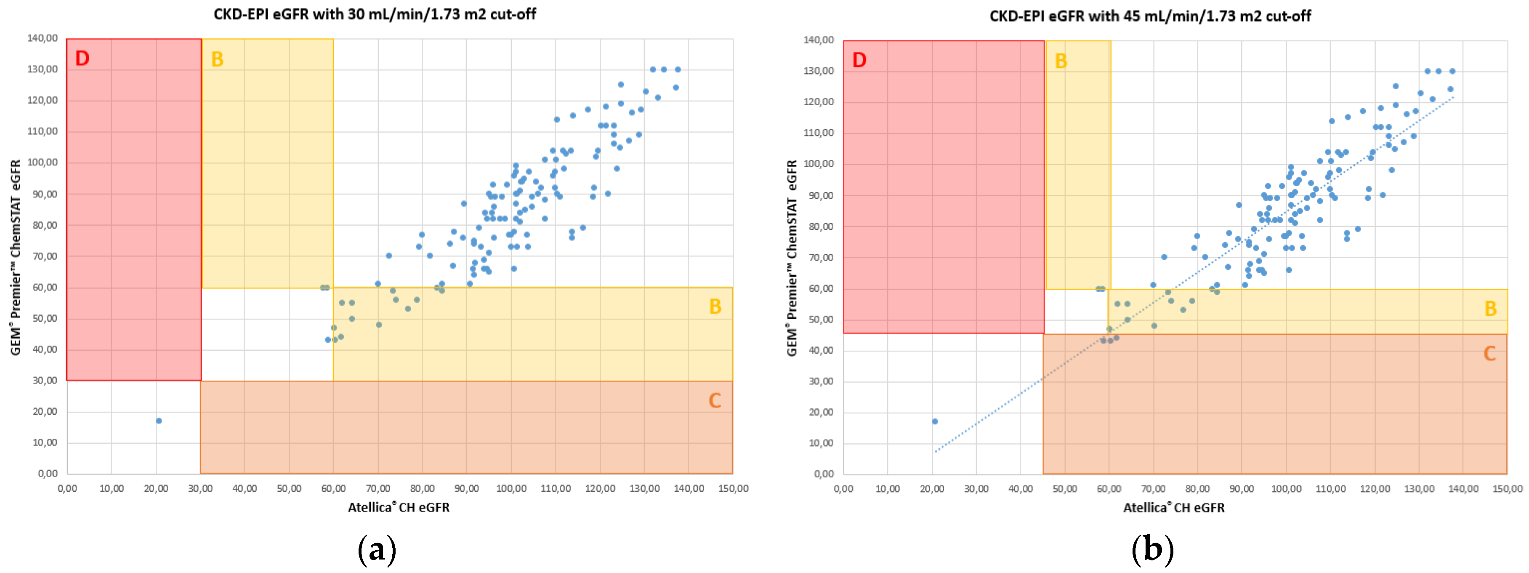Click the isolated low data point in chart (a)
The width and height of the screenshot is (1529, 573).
tap(159, 421)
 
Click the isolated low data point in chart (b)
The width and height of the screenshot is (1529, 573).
tap(935, 421)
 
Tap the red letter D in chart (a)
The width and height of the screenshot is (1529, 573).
tap(82, 58)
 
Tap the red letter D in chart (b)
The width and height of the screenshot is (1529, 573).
tap(859, 60)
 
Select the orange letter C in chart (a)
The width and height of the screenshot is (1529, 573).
tap(715, 400)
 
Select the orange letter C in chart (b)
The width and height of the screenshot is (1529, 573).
tap(1489, 354)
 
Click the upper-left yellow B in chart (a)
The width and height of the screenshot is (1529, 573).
tap(217, 59)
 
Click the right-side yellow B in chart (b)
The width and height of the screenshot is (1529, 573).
tap(1490, 308)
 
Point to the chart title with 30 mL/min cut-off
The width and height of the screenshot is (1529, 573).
tap(375, 14)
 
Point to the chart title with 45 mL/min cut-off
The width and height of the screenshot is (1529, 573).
tap(1150, 16)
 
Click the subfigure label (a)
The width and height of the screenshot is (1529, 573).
tap(377, 549)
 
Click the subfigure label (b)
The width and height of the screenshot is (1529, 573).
tap(1152, 549)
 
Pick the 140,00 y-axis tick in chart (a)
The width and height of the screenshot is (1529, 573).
tap(42, 38)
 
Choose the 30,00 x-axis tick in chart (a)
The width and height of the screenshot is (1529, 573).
tap(200, 488)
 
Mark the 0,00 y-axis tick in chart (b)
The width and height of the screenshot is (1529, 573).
tap(824, 474)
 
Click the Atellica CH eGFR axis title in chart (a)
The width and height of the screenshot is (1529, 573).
tap(398, 507)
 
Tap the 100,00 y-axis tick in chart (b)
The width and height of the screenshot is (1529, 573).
tap(819, 164)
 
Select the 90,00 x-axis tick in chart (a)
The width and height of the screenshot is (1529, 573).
tap(467, 488)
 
